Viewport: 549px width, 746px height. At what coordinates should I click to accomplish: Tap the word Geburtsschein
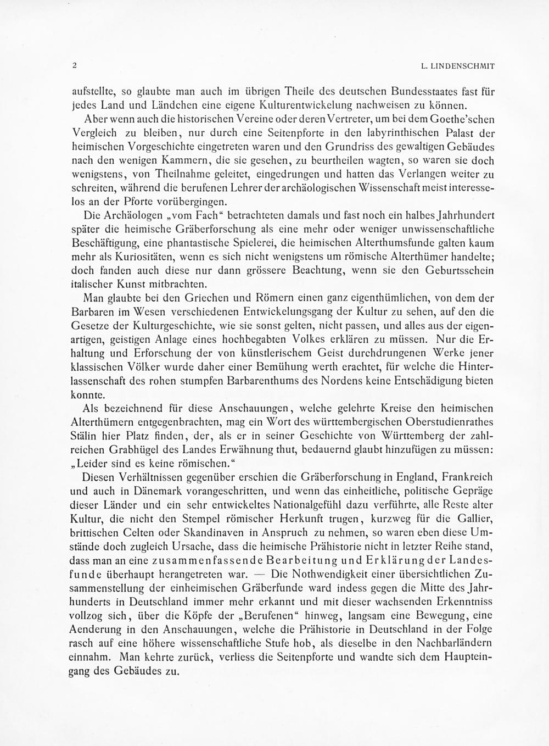(x=460, y=270)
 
